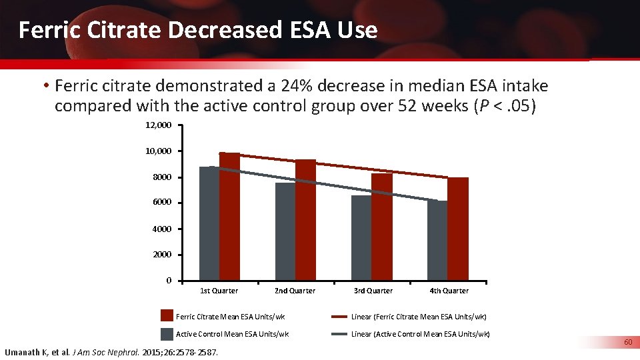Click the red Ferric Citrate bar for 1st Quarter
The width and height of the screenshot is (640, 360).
coord(229,217)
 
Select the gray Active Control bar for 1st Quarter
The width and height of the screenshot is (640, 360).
coord(209,224)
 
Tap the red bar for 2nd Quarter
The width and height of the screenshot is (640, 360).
coord(305,220)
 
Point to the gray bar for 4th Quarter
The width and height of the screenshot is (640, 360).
coord(437,241)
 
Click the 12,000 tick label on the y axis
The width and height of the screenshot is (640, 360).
coord(159,125)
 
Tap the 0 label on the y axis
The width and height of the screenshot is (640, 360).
coord(169,280)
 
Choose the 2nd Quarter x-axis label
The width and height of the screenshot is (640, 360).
coord(295,291)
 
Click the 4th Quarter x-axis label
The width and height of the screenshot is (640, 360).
coord(449,291)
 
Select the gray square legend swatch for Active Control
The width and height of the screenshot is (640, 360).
coord(167,334)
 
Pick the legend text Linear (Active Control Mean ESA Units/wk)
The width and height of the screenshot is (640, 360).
coord(420,334)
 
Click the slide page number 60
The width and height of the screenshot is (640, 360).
coord(627,342)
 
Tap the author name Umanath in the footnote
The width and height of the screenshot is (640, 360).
coord(23,352)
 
